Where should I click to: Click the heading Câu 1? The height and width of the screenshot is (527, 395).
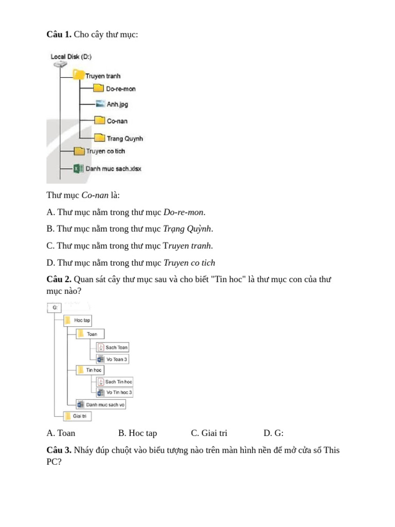click(59, 34)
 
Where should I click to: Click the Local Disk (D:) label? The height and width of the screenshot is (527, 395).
click(71, 57)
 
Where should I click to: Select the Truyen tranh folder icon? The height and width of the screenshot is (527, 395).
click(79, 76)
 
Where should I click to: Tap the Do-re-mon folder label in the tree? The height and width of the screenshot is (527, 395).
click(121, 89)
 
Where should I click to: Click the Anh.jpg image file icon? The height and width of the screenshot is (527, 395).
click(100, 104)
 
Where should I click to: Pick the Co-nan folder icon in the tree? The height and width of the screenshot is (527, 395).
click(100, 121)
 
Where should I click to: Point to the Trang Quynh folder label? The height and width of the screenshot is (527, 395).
click(124, 138)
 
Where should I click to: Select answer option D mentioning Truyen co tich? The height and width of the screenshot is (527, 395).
click(131, 262)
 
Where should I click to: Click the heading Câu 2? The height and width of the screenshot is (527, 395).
click(59, 279)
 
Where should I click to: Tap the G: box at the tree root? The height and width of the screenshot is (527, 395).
click(55, 308)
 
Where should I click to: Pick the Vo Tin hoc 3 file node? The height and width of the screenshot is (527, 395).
click(115, 392)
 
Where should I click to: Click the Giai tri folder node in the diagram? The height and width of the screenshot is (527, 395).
click(77, 416)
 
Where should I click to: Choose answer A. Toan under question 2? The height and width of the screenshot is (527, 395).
click(61, 433)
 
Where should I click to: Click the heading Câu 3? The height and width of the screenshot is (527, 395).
click(59, 450)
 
